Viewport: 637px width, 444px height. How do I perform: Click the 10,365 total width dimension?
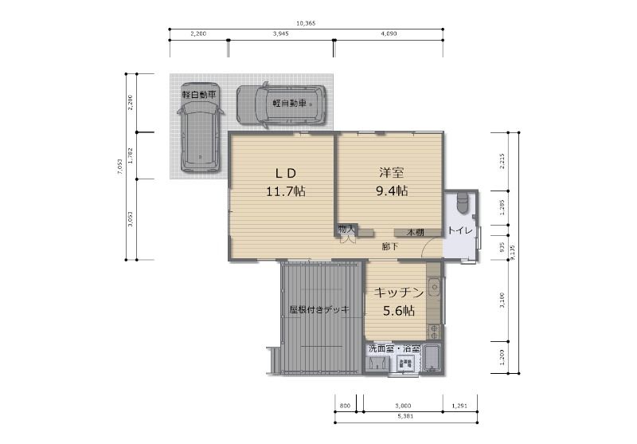click(x=306, y=24)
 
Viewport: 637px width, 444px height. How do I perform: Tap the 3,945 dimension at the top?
click(x=279, y=34)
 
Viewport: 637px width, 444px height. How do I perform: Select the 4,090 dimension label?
click(x=389, y=34)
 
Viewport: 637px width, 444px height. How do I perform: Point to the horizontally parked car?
click(x=282, y=104)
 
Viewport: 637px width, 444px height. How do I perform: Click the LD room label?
click(x=286, y=173)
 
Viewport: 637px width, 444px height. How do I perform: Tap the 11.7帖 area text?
click(x=286, y=191)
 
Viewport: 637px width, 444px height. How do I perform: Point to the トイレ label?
click(x=460, y=231)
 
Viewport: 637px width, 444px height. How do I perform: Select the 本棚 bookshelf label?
click(x=416, y=233)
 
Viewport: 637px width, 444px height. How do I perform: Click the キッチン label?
click(x=397, y=293)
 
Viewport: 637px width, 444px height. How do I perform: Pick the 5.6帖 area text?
click(x=397, y=311)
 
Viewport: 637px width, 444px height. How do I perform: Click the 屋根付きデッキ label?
click(x=318, y=309)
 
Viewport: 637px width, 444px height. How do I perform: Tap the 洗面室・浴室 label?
click(x=393, y=349)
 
